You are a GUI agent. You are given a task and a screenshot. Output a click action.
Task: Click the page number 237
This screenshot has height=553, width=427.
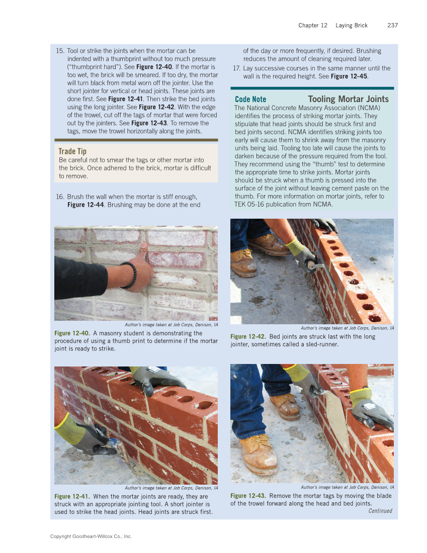click(x=392, y=25)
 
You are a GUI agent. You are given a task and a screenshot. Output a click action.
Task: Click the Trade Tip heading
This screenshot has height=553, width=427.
click(x=72, y=151)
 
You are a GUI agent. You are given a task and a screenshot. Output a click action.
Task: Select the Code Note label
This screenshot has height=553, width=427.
click(x=250, y=100)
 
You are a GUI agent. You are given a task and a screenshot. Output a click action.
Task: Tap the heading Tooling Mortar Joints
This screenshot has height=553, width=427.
click(x=348, y=99)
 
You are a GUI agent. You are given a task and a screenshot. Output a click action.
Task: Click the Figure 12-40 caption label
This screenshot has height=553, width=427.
click(x=72, y=333)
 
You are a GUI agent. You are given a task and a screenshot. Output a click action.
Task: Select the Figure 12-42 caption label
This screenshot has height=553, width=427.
click(x=248, y=337)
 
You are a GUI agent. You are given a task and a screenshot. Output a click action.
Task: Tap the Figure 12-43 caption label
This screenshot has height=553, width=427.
click(x=248, y=496)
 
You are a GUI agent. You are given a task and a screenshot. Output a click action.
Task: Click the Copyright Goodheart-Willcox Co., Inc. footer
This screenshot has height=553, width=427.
click(x=91, y=536)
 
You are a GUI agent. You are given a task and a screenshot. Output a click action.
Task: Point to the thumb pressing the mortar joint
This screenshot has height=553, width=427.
click(x=144, y=250)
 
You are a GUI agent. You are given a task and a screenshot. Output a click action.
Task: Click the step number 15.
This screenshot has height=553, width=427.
click(x=60, y=51)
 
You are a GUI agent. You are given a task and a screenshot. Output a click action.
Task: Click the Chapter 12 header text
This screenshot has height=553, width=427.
click(x=313, y=25)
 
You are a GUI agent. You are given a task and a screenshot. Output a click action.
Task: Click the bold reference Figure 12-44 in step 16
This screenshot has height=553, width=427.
click(x=86, y=205)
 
